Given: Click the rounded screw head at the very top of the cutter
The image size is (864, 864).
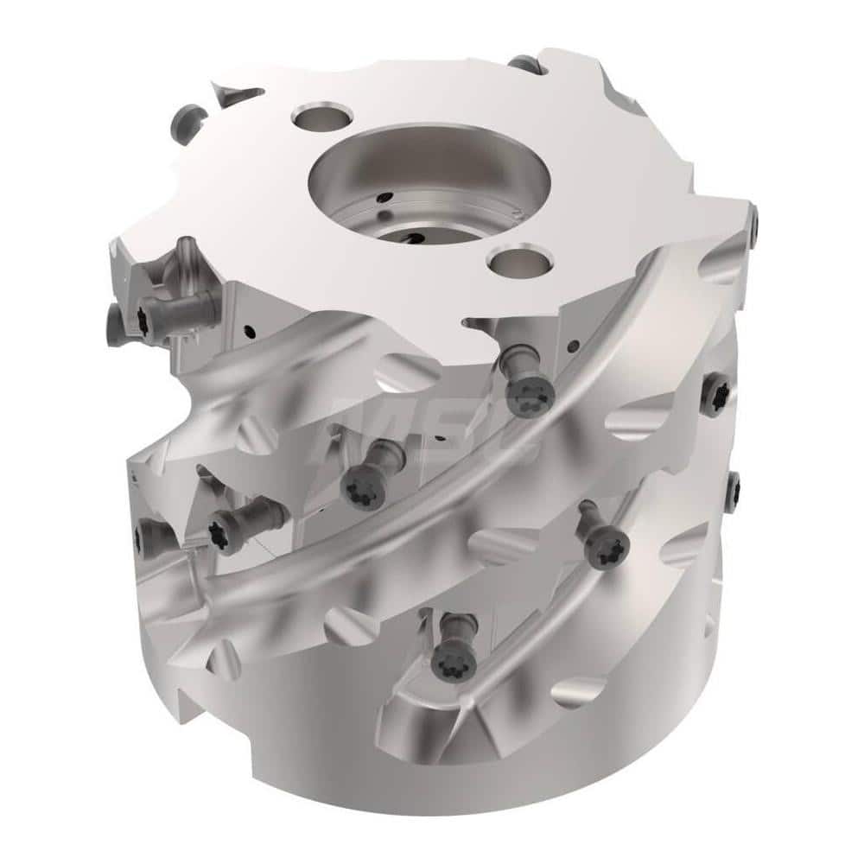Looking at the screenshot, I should (524, 63).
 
